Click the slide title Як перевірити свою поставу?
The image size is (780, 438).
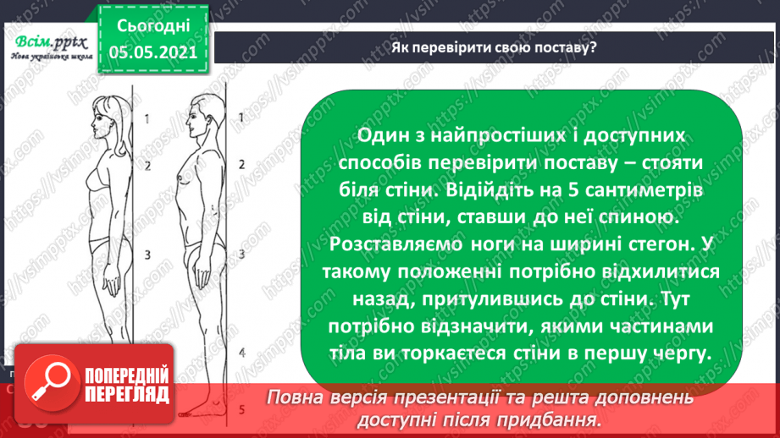[x=494, y=47]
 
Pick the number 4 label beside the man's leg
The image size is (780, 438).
[x=241, y=351]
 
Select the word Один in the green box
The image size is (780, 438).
[x=382, y=136]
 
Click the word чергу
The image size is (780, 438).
[x=678, y=353]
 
